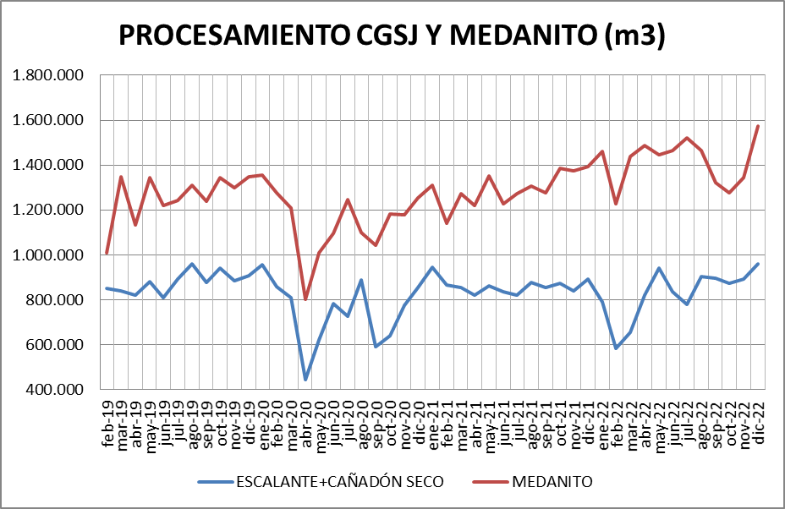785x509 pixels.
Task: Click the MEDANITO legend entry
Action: (x=552, y=482)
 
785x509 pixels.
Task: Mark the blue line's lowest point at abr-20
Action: (x=305, y=380)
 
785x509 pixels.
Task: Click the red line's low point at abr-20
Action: (x=305, y=299)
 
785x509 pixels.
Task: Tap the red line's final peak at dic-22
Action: (x=758, y=126)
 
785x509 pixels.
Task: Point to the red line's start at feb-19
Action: (x=107, y=253)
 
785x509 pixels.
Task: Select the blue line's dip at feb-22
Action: (x=616, y=348)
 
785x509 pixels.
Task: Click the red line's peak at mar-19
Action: (x=121, y=177)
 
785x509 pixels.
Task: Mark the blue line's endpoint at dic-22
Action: (x=758, y=264)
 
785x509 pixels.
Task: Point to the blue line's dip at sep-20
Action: (x=376, y=347)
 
